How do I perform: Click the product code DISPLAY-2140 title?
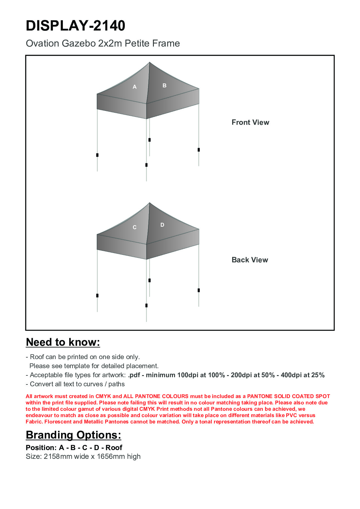(76, 26)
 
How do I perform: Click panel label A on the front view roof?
(135, 87)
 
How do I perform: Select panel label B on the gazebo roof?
(164, 86)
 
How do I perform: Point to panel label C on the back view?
(135, 227)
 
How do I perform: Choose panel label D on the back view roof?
(162, 225)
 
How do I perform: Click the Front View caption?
(250, 122)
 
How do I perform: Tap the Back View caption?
(250, 260)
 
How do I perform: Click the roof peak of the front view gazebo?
(149, 63)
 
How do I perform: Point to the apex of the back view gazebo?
(149, 203)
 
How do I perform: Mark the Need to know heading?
(63, 342)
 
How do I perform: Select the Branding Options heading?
(73, 435)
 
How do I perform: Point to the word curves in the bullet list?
(93, 384)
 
